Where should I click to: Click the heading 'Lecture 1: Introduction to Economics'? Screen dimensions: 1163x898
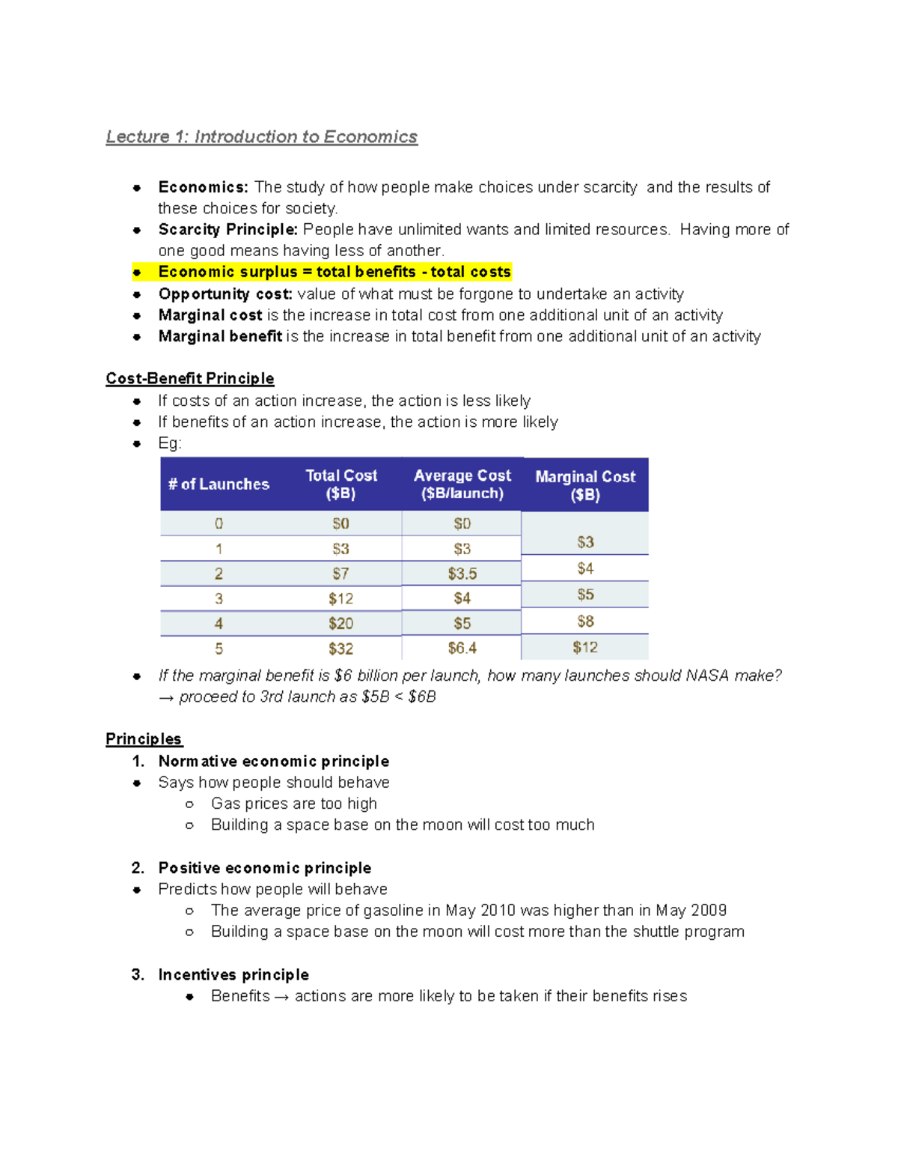261,137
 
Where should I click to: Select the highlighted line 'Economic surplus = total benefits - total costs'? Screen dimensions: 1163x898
334,272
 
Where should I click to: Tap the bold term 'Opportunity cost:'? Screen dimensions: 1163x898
225,294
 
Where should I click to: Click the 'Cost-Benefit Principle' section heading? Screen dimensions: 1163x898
190,378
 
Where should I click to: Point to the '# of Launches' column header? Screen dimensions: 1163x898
219,485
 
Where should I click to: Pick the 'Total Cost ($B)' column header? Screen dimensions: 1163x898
341,485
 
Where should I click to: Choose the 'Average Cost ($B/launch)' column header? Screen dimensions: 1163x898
462,485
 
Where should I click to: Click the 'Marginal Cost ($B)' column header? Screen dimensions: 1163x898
585,485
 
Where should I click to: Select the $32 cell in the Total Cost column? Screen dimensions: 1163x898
340,649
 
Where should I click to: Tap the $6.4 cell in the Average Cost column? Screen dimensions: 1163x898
462,648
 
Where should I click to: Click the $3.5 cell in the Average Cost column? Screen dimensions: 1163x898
462,574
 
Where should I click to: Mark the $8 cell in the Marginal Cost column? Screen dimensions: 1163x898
585,621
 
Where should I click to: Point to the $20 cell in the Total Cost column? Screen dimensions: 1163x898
340,623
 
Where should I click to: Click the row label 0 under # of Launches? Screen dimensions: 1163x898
219,523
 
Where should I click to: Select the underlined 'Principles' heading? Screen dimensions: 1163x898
144,739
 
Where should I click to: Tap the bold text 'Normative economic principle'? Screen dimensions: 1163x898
274,761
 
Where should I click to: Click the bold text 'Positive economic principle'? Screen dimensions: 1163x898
265,868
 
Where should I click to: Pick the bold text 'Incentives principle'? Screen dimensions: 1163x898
233,974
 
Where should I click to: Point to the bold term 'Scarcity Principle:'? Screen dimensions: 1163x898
228,229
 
